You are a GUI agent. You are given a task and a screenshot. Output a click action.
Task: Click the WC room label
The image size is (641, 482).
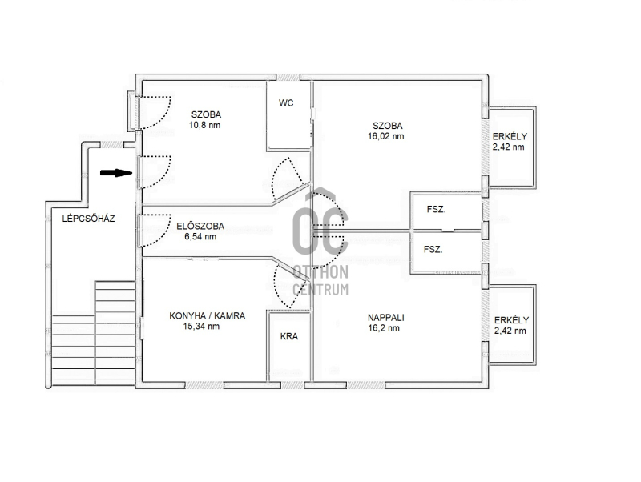(286, 103)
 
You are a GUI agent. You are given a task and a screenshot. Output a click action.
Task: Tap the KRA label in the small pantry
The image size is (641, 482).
(289, 336)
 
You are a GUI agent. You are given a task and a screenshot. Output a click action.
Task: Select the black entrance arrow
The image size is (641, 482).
(116, 173)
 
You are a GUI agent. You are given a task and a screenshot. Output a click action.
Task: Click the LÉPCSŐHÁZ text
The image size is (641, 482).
(88, 219)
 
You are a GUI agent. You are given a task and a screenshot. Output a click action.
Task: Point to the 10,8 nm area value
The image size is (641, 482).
(204, 125)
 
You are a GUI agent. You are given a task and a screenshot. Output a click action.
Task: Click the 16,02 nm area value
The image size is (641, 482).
(386, 136)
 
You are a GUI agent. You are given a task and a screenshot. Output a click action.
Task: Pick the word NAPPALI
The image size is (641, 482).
(386, 317)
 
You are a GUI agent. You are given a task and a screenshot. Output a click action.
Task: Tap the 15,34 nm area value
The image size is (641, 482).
(201, 327)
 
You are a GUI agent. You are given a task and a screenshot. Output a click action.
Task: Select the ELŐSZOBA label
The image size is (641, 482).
(200, 226)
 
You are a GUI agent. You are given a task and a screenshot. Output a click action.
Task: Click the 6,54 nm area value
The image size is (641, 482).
(200, 236)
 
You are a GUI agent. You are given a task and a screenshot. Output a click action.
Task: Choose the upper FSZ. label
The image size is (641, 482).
(436, 209)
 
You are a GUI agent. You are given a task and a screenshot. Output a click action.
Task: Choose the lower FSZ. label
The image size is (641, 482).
(433, 249)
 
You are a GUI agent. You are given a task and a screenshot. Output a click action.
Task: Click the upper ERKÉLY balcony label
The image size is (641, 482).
(510, 136)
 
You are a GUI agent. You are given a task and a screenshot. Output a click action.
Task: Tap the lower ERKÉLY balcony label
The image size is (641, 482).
(511, 320)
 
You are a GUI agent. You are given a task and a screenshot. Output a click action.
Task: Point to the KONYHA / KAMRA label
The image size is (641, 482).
(208, 315)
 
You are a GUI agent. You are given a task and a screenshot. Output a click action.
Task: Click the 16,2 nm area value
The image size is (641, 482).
(384, 328)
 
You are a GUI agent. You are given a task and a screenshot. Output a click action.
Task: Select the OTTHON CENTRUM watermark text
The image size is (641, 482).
(320, 280)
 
